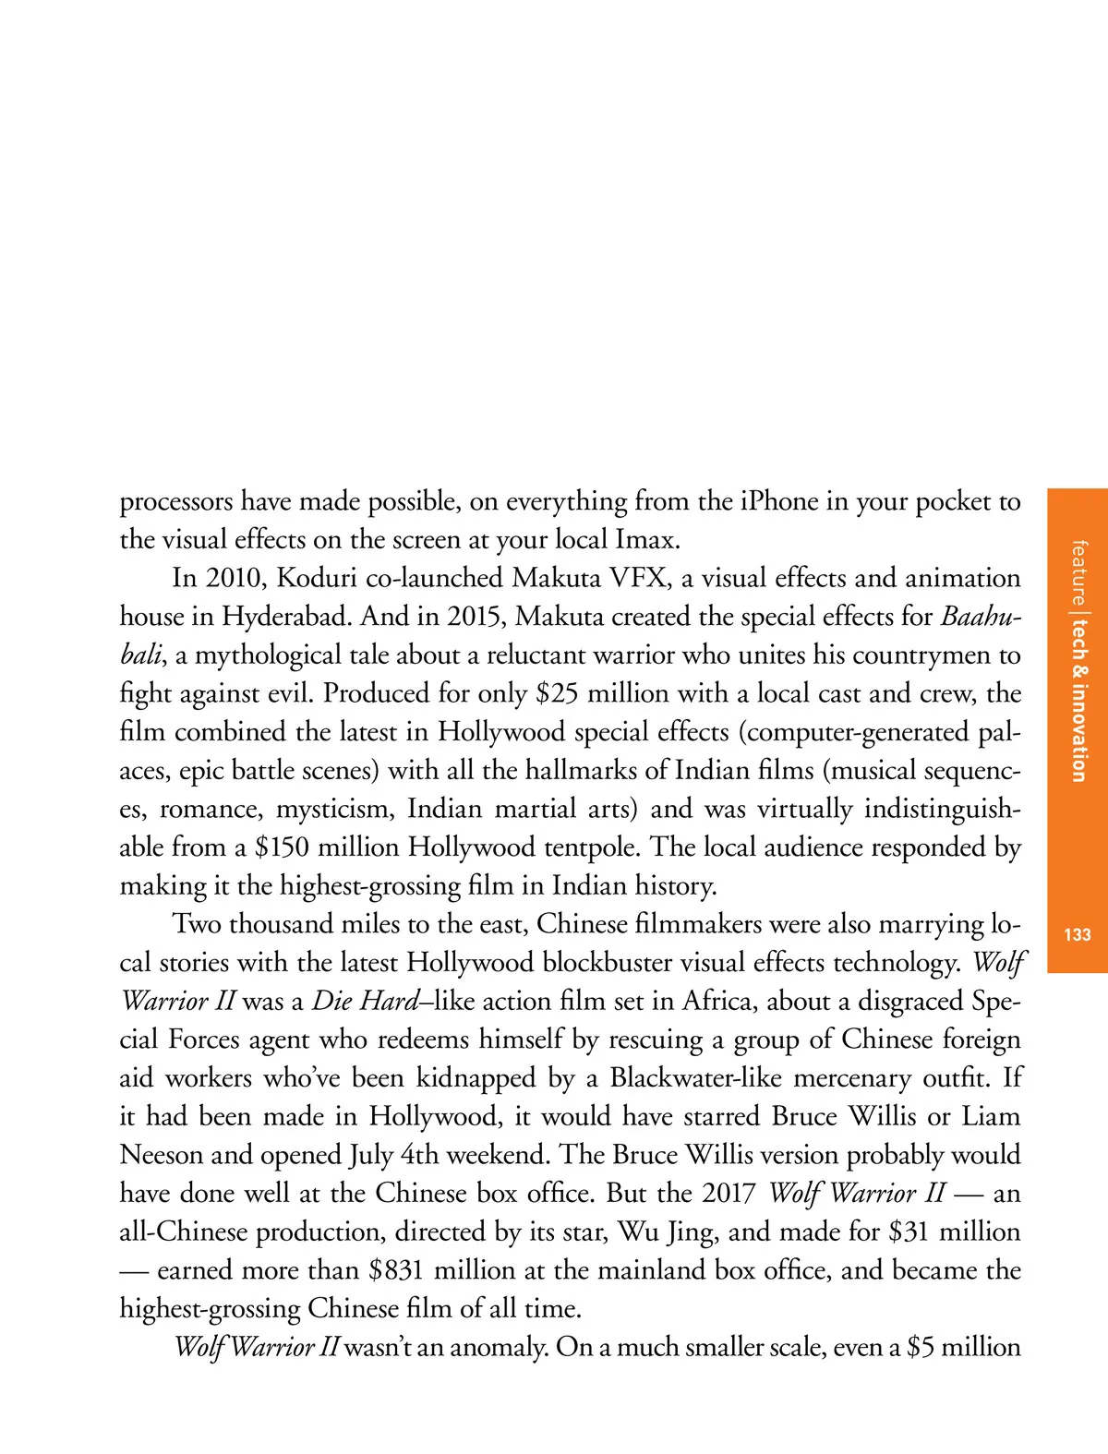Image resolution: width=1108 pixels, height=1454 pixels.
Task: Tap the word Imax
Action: [646, 540]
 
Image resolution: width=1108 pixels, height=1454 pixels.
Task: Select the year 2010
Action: [235, 579]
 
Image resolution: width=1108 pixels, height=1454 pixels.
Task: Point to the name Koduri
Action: [317, 579]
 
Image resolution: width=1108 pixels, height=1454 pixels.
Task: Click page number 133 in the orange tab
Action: [1078, 935]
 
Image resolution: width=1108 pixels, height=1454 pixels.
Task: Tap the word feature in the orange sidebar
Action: [1078, 571]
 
